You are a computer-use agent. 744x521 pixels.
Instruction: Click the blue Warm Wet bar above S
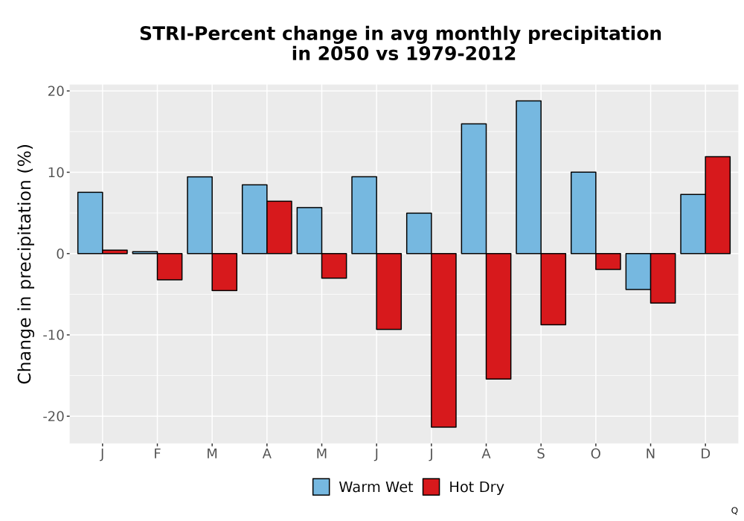528,177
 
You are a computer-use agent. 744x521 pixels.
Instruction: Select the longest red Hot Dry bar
443,340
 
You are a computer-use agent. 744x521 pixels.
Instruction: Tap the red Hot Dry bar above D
717,205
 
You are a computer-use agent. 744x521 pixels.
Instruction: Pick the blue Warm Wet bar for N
638,272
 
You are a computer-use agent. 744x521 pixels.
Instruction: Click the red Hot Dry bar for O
608,261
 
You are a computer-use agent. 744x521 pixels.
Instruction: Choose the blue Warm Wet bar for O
583,213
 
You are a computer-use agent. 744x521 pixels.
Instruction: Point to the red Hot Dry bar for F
170,266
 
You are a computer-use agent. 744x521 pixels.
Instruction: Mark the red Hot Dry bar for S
554,289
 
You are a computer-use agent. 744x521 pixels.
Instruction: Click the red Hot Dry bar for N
663,278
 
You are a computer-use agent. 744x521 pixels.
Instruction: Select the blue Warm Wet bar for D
693,224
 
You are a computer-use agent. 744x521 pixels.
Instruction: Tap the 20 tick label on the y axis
56,91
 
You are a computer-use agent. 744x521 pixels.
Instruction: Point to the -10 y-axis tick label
53,335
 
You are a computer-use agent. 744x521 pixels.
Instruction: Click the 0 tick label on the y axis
60,254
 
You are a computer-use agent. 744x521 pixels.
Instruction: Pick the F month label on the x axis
157,454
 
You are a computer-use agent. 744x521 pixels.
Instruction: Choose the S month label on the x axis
541,454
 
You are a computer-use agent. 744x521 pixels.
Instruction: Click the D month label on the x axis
705,454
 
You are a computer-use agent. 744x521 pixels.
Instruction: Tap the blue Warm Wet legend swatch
321,487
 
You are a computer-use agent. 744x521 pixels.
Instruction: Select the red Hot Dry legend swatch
432,487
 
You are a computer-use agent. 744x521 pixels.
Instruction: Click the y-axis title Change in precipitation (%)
25,263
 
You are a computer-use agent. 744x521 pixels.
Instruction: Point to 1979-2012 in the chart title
461,54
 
